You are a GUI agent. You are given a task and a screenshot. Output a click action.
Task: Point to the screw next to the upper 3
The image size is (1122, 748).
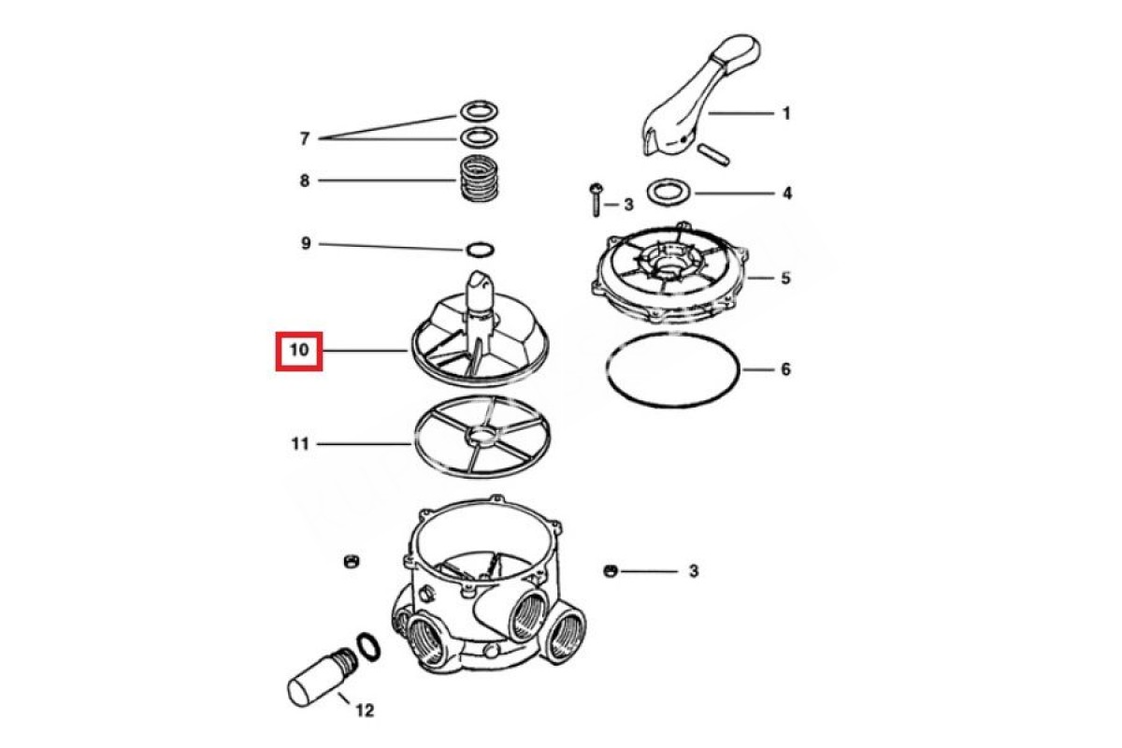(595, 199)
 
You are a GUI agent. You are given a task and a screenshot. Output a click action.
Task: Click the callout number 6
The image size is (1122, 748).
(785, 369)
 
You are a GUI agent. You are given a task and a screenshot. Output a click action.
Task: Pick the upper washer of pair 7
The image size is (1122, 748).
(477, 112)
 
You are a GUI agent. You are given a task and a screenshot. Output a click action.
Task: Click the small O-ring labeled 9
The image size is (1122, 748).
(479, 250)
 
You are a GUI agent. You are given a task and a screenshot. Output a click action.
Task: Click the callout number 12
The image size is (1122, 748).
(365, 711)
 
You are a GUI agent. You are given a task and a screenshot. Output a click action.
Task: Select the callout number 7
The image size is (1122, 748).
(304, 138)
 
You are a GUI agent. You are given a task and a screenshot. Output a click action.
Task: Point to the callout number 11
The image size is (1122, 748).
(299, 444)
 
